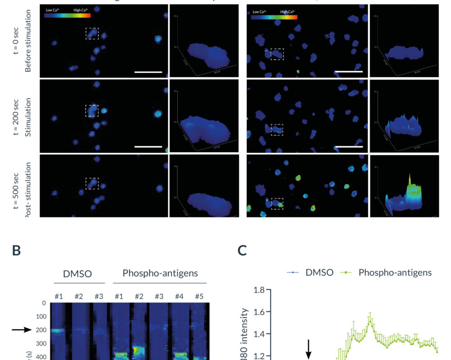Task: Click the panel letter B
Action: [x=16, y=251]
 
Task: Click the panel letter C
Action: [x=242, y=251]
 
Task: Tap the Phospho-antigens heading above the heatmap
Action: [x=160, y=273]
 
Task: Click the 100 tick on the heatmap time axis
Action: [x=41, y=317]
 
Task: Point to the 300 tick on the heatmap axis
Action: [x=41, y=344]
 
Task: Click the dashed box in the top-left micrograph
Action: [x=92, y=33]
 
